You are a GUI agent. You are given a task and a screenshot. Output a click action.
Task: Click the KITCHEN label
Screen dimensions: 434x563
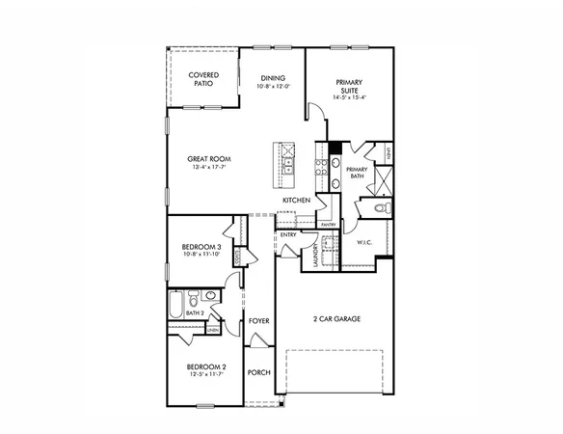(x=296, y=200)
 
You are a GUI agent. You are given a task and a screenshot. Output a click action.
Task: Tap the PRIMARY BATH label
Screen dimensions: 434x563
(x=358, y=173)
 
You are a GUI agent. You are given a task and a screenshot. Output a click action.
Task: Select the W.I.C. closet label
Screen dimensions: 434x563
(x=364, y=242)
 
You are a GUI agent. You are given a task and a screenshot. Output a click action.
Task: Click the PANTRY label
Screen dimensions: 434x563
(x=328, y=225)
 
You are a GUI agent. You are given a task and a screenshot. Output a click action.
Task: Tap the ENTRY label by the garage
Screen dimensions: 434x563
(x=287, y=234)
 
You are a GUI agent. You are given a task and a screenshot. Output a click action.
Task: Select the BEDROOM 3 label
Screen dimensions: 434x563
(x=202, y=247)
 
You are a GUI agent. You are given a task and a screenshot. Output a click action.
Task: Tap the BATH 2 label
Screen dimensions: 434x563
(x=195, y=313)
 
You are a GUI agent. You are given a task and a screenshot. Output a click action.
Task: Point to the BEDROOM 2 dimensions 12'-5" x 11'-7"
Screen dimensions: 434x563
(x=206, y=373)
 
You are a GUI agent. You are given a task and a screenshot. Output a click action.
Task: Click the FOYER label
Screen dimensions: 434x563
(x=257, y=320)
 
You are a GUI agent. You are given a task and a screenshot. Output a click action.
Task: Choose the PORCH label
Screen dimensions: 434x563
(x=258, y=372)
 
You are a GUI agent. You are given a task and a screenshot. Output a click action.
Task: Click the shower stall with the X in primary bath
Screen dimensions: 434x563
(x=383, y=180)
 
